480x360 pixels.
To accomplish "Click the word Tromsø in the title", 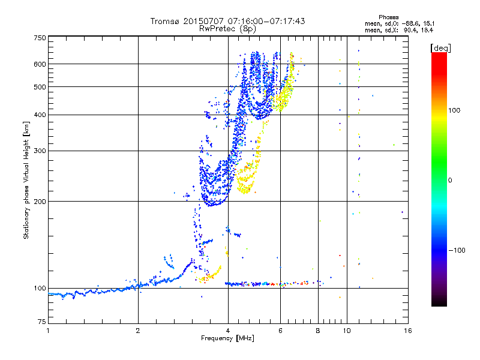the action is [x=166, y=21].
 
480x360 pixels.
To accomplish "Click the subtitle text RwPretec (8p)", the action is [x=227, y=29].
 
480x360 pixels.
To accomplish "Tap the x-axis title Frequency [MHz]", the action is [x=227, y=338].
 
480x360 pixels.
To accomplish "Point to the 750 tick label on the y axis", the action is [x=40, y=38].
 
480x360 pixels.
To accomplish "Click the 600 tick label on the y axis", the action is [x=40, y=64].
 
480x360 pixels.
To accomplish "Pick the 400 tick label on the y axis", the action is [x=40, y=115].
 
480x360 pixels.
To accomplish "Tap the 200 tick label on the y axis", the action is [x=40, y=202].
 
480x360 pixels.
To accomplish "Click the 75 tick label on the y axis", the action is [x=42, y=322].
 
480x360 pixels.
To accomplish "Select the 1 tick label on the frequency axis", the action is [x=48, y=331].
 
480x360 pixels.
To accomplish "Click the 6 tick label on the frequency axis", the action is [x=280, y=331].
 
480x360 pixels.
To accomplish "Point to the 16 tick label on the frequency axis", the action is [x=408, y=331].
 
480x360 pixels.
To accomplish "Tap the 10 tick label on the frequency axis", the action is [x=347, y=331].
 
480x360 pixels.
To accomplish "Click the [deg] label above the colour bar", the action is [x=440, y=49].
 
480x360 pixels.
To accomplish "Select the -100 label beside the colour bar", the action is [x=457, y=250].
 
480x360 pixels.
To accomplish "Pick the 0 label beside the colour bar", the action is [x=450, y=180].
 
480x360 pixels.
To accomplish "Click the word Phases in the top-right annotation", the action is [x=388, y=17].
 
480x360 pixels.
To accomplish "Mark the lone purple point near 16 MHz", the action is [x=402, y=212].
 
